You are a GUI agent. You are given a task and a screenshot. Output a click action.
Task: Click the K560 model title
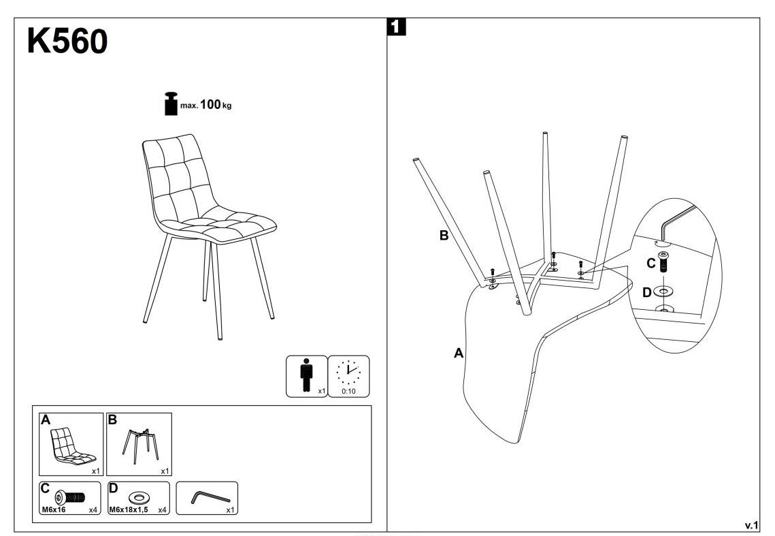tap(67, 43)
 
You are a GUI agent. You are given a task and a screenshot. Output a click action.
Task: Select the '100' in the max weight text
tap(211, 105)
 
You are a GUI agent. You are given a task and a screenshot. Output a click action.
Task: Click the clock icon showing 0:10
tap(348, 371)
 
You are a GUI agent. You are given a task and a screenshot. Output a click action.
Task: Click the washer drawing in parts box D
tap(139, 495)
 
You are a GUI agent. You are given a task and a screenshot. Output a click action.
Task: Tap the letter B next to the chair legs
tap(443, 236)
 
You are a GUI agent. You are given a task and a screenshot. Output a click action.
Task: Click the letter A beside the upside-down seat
tap(459, 353)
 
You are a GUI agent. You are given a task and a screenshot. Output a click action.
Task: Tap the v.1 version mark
tap(751, 524)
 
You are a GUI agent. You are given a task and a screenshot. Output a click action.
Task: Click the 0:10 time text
tap(348, 391)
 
